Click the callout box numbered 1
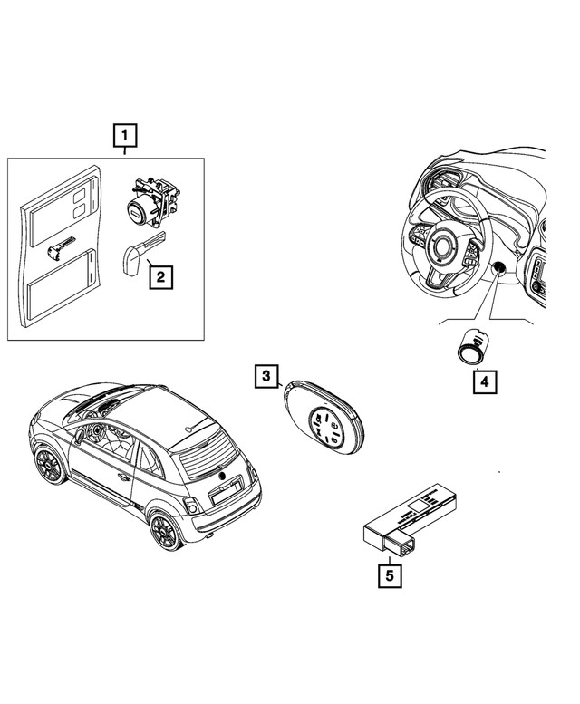point(124,136)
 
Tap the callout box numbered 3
point(266,374)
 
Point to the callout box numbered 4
point(484,381)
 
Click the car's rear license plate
point(223,495)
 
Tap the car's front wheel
point(46,465)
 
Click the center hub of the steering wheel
point(445,246)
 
